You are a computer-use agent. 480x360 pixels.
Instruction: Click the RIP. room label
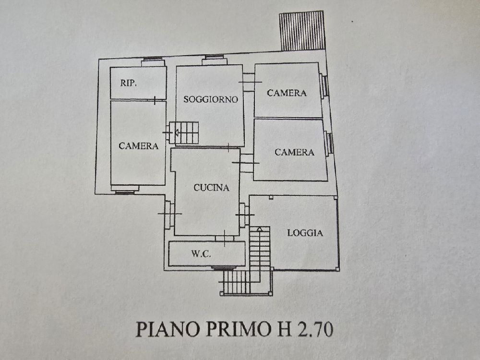(x=128, y=83)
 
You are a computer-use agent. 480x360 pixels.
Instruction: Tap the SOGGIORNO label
(x=211, y=99)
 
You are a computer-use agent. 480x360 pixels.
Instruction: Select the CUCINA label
(x=211, y=188)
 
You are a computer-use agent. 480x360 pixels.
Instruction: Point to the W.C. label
(x=201, y=253)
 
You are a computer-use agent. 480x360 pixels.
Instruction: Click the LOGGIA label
(x=305, y=233)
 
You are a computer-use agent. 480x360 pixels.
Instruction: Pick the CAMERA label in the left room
(x=138, y=146)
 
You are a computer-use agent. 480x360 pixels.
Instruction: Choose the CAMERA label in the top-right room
(x=287, y=93)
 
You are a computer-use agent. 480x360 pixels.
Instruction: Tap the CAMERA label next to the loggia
(x=294, y=152)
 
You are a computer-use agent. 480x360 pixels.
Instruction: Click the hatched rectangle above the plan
(x=301, y=31)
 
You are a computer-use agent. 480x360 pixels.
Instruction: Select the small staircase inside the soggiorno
(x=184, y=133)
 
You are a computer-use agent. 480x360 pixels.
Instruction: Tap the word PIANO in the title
(x=168, y=329)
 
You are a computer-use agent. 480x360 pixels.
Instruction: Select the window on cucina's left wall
(x=168, y=214)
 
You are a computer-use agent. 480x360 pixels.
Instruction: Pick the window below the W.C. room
(x=223, y=268)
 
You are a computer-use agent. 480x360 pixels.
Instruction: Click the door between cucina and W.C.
(x=225, y=238)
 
